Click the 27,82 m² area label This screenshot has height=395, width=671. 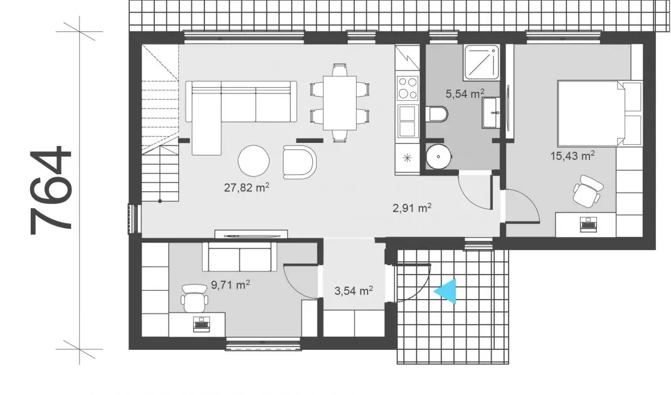[246, 187]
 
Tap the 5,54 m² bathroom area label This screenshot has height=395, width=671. [465, 93]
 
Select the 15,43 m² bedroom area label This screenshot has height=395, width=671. [572, 155]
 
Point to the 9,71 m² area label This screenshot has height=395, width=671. [230, 285]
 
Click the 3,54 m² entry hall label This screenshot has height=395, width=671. [354, 291]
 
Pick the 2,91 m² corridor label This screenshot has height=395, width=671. [411, 208]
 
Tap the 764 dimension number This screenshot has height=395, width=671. [51, 191]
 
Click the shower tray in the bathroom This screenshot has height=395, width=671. [482, 63]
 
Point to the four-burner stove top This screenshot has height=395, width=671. [408, 88]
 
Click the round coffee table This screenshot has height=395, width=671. [254, 161]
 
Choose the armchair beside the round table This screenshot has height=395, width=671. [299, 162]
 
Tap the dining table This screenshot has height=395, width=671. [340, 103]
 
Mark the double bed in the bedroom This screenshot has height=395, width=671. [600, 113]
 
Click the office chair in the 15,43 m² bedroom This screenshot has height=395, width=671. [588, 191]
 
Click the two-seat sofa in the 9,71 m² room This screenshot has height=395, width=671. [240, 257]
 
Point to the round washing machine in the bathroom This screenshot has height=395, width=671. [438, 156]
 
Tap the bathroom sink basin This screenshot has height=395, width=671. [491, 113]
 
